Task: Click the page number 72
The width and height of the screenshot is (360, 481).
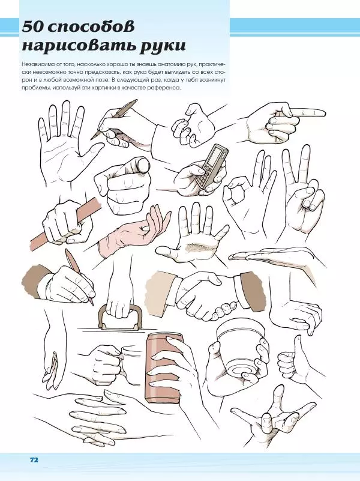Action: (x=34, y=459)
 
